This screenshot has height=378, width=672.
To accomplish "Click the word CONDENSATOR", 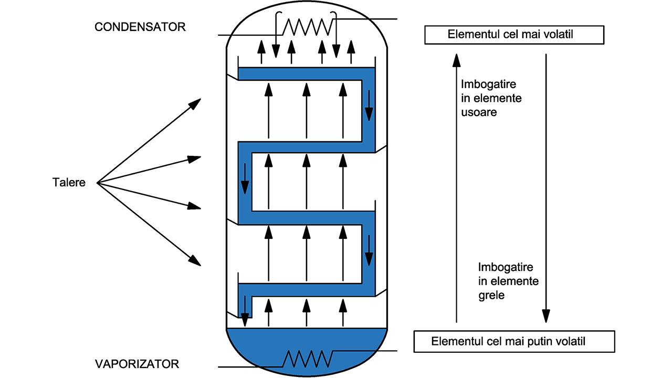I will [140, 27].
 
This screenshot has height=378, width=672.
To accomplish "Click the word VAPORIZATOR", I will [136, 363].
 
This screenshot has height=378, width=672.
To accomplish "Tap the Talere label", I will [69, 183].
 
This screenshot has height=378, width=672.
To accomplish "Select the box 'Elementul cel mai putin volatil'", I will [514, 341].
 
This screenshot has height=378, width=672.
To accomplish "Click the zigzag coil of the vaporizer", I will [308, 359].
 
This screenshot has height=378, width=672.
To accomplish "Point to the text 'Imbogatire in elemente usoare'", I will [491, 98].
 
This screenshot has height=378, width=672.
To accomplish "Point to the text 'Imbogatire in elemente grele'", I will [508, 281].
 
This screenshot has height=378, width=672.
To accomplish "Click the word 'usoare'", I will [479, 112].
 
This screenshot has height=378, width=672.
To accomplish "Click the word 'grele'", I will [491, 295].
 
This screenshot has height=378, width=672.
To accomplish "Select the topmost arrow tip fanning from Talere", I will [196, 102].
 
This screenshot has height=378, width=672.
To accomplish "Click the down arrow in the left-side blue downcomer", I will [245, 185].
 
